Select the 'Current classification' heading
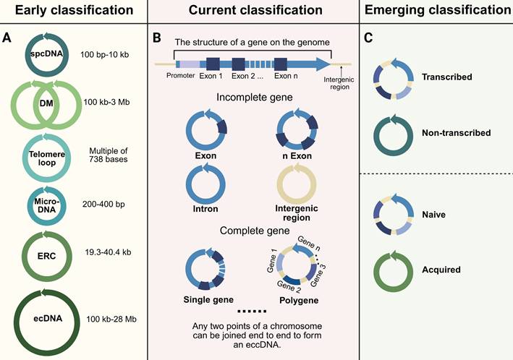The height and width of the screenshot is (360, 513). tap(252, 11)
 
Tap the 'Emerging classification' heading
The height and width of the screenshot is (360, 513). tap(436, 11)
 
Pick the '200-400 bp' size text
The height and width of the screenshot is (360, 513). tap(106, 205)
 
